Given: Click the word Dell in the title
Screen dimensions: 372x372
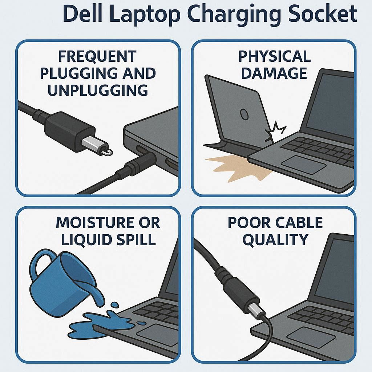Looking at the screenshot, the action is [82, 13].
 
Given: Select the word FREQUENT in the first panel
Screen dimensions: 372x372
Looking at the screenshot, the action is [97, 56].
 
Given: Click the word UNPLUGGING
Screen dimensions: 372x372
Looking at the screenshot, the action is [97, 90].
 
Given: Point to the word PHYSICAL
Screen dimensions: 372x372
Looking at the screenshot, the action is [275, 56].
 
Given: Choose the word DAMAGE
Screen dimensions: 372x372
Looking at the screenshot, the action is [274, 73].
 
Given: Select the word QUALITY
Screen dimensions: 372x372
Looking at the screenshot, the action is [275, 239].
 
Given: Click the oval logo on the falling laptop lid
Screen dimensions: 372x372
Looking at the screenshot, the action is [244, 114].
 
